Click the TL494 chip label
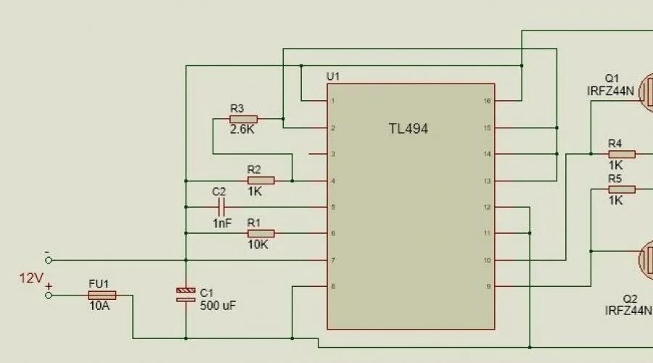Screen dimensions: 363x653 click(408, 129)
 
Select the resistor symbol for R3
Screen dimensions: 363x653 click(244, 118)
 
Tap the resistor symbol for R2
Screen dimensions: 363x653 click(261, 180)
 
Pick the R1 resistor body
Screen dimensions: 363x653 click(261, 233)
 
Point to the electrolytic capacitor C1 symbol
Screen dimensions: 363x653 click(186, 294)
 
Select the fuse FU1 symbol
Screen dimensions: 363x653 click(102, 295)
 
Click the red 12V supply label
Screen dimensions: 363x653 click(31, 277)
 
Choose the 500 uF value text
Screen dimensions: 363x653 click(218, 306)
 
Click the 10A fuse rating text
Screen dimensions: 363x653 click(99, 307)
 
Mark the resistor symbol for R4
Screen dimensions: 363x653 click(622, 154)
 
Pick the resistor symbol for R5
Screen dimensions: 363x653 click(622, 189)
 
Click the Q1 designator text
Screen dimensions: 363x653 click(612, 78)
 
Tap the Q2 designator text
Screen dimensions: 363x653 click(630, 298)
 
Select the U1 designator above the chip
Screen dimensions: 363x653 click(333, 76)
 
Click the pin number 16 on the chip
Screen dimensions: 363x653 click(487, 101)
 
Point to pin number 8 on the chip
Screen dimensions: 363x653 click(333, 287)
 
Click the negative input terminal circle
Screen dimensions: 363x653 click(49, 260)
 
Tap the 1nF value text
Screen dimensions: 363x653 click(222, 224)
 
